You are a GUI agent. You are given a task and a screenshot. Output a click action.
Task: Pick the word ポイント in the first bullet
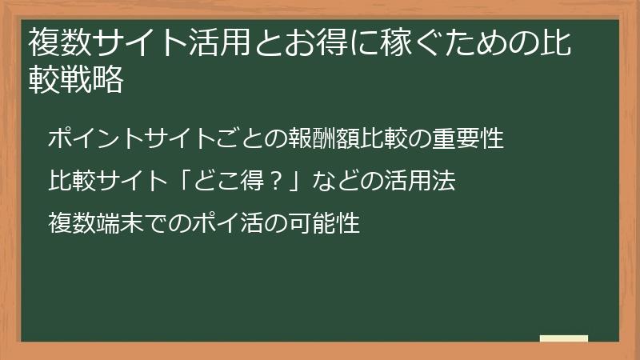[94, 138]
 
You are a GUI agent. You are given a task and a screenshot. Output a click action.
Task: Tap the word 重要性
[470, 138]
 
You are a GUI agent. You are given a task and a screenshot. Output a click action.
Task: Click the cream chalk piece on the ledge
[563, 338]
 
